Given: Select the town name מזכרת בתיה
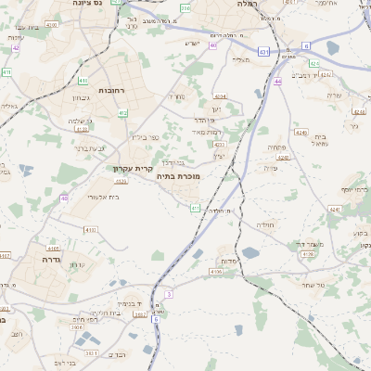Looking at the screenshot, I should pos(179,176).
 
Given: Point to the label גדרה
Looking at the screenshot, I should pos(50,261).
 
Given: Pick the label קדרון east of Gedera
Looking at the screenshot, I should pos(78,265).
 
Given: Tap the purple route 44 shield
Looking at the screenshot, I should pos(278,82).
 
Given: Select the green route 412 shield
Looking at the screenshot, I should pos(122,113).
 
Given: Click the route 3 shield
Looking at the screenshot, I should pos(169,293).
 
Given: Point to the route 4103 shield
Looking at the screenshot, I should pos(90,229).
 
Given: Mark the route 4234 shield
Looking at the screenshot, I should pos(220,96).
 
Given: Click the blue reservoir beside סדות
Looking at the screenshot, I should pos(251,252).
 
